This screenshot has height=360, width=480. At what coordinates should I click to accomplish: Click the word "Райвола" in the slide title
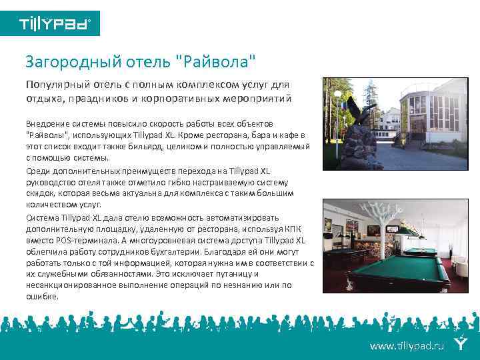[x=217, y=62]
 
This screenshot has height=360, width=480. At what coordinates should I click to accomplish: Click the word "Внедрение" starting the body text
[x=45, y=123]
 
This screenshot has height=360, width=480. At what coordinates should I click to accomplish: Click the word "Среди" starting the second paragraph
[x=37, y=170]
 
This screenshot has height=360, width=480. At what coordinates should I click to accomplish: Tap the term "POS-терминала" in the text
[x=74, y=240]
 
